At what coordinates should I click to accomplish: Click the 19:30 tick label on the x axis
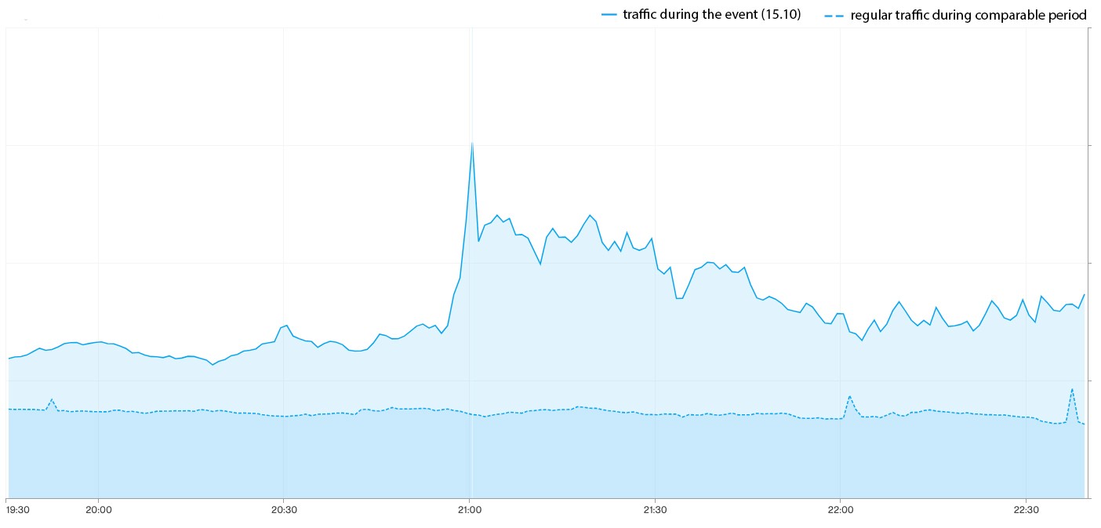[17, 510]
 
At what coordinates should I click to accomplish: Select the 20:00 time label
[98, 510]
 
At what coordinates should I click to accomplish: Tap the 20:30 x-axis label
[283, 510]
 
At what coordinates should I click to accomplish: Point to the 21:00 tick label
[469, 510]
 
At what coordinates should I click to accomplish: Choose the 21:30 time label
[654, 510]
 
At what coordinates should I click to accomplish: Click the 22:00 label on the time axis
[840, 510]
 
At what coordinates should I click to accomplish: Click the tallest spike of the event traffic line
[471, 142]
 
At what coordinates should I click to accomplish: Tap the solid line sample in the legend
[609, 15]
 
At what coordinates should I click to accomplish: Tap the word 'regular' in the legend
[871, 15]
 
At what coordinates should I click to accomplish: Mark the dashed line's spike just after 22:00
[849, 396]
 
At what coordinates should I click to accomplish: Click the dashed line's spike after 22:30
[1072, 388]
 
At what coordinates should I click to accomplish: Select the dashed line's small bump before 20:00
[52, 399]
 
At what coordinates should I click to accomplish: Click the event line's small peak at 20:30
[286, 325]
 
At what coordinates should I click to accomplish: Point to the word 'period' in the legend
[1069, 15]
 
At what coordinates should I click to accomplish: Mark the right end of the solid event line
[1084, 295]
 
